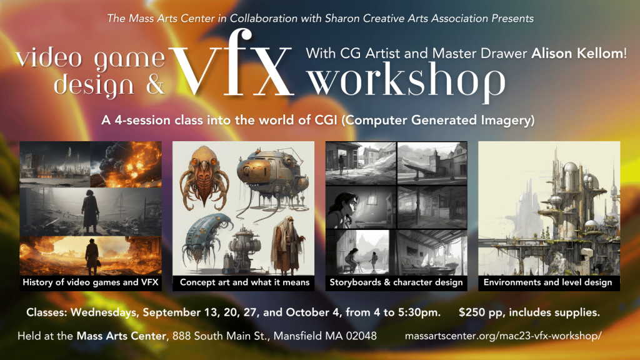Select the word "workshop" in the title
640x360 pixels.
(x=406, y=81)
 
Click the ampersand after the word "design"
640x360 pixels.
(x=154, y=84)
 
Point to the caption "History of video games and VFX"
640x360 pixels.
(x=91, y=282)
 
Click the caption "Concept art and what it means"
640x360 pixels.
(x=244, y=282)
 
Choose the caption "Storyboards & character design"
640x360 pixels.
(x=396, y=282)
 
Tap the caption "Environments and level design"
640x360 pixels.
(x=547, y=282)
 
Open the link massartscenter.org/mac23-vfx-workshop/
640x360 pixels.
(x=503, y=336)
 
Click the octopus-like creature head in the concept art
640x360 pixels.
(x=204, y=177)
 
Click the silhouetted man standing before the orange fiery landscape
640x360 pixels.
(x=92, y=256)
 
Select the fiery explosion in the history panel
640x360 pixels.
(x=126, y=164)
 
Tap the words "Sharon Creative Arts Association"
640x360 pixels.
(x=406, y=18)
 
